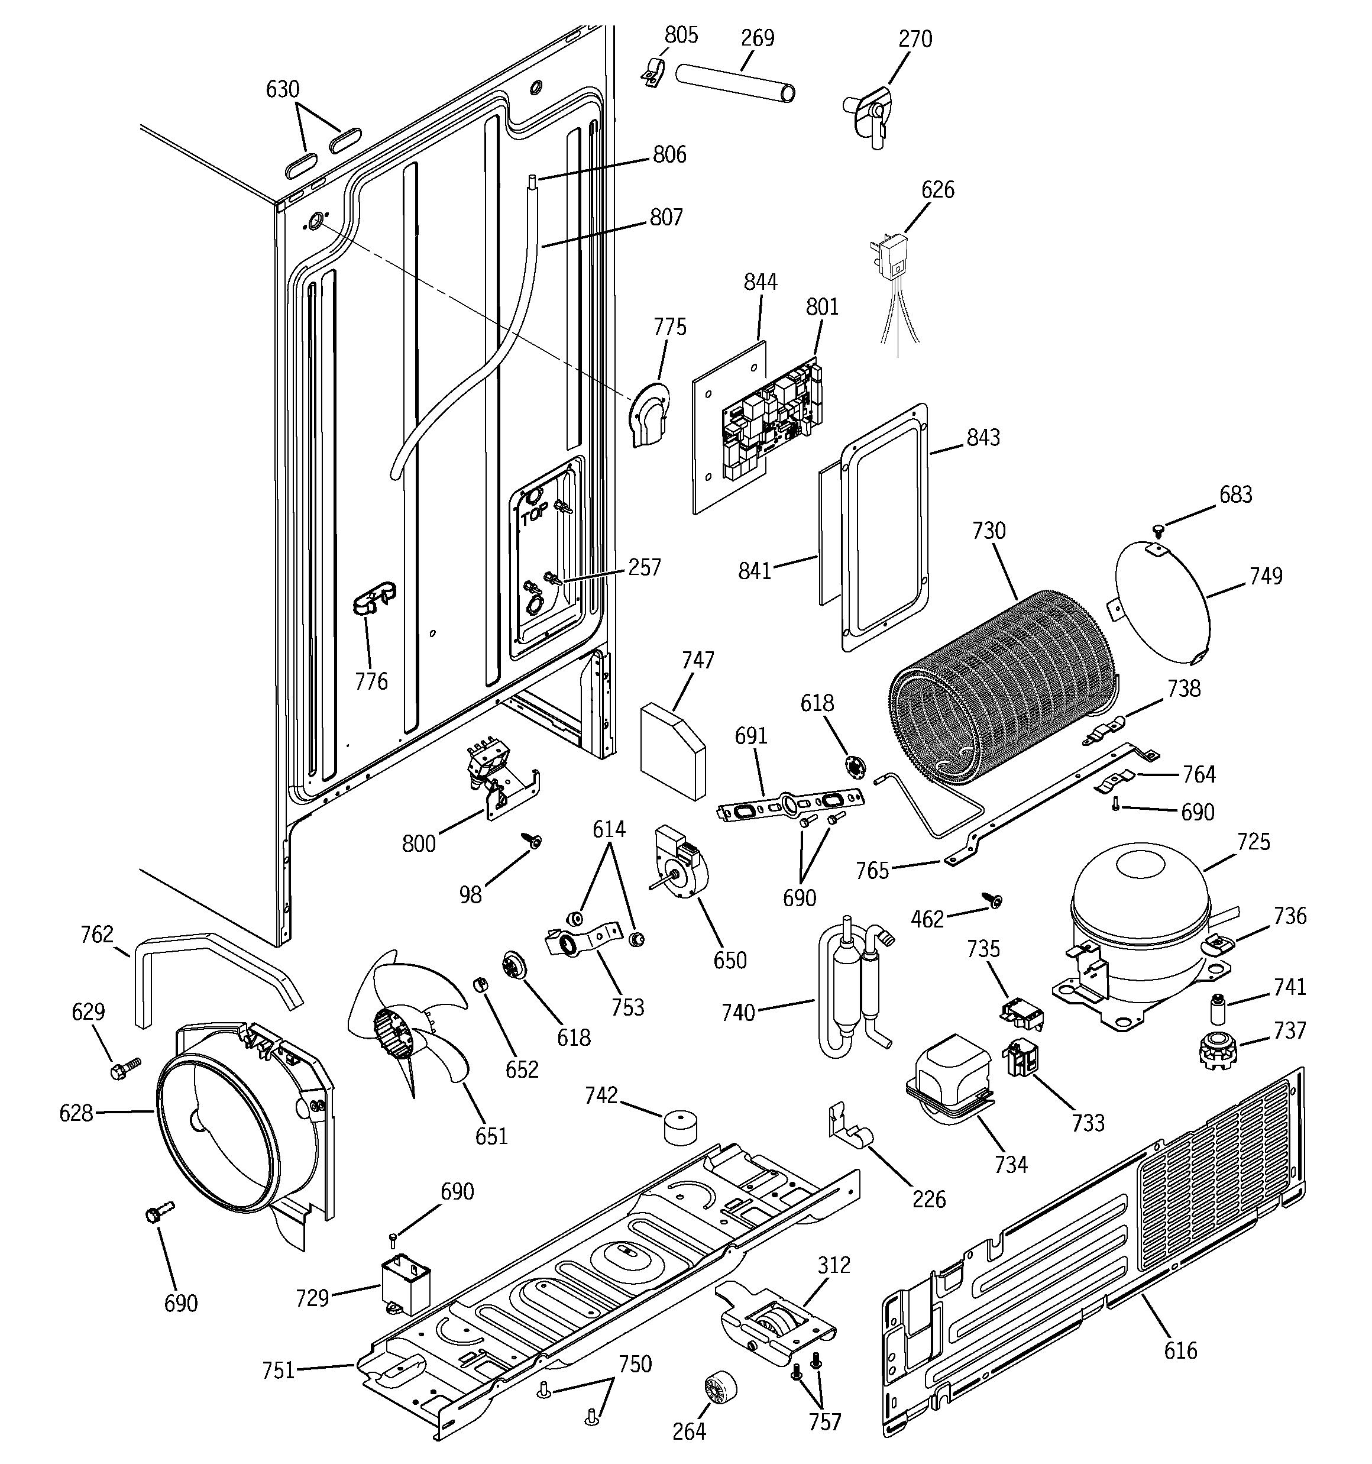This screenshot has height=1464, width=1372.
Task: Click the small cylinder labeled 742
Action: pos(681,1127)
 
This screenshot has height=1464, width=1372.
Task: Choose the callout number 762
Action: pos(97,935)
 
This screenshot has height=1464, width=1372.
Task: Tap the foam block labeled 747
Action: pos(672,751)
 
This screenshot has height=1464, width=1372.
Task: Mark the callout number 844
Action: pos(760,282)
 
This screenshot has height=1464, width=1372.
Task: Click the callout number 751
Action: pos(279,1371)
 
